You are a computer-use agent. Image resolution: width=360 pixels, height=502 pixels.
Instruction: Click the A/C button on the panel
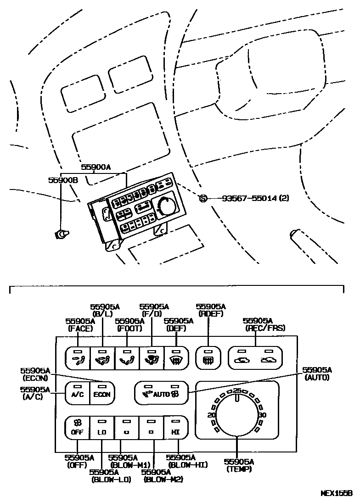click(77, 393)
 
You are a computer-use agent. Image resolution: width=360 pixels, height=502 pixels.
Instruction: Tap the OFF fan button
click(77, 428)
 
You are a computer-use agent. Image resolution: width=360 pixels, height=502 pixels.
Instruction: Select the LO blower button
click(102, 428)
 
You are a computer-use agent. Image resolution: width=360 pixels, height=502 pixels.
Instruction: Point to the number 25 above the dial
click(237, 390)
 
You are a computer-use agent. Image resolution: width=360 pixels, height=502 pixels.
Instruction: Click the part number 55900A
click(96, 167)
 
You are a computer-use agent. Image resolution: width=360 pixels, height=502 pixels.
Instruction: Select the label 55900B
click(63, 180)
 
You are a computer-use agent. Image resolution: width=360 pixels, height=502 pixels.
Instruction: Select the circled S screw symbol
click(203, 198)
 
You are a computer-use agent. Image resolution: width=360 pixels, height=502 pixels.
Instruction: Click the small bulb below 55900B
click(61, 234)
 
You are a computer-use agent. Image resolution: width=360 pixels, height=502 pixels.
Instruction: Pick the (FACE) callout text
click(80, 329)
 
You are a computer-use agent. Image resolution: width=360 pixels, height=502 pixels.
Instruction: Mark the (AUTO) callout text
click(317, 377)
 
